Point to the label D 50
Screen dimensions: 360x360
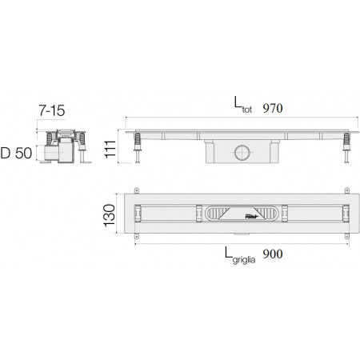tap(16, 153)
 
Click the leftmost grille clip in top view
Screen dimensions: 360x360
tap(138, 214)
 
